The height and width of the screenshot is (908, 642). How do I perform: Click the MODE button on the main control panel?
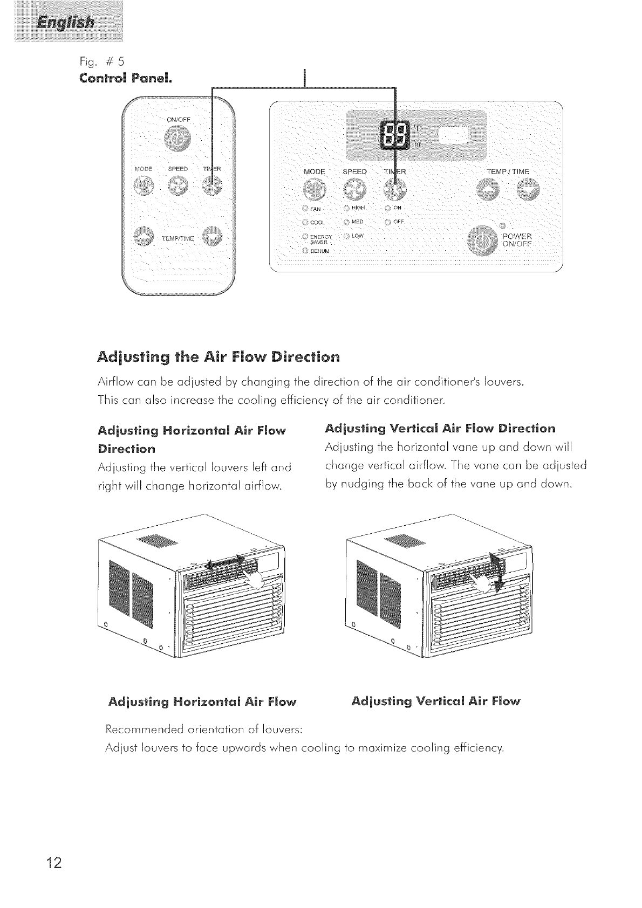click(315, 189)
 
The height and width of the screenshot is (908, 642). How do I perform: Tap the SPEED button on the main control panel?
click(354, 189)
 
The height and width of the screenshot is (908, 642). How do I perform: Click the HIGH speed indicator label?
click(358, 208)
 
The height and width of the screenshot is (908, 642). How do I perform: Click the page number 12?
click(54, 863)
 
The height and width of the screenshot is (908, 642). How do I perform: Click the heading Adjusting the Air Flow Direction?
click(219, 357)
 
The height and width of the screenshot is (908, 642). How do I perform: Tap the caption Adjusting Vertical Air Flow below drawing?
click(435, 701)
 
